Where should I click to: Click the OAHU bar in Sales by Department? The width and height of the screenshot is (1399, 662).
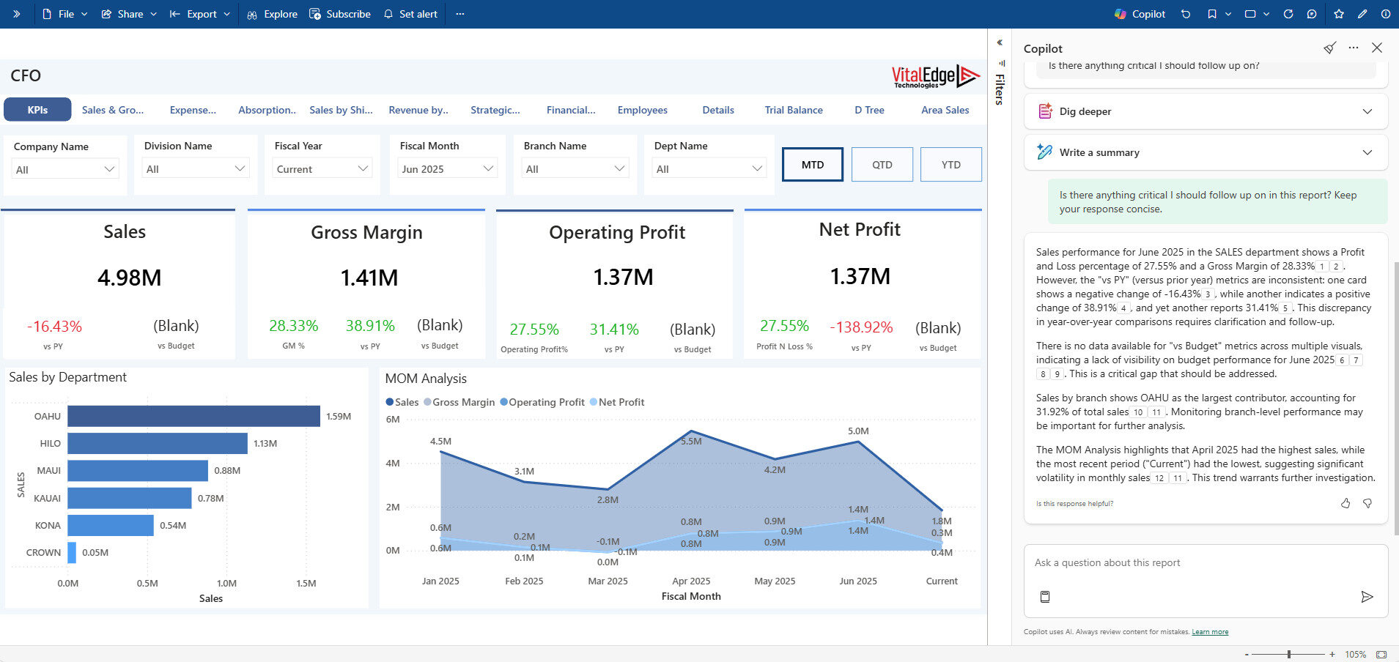[x=193, y=416]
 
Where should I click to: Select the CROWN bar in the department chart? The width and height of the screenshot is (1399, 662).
[x=72, y=552]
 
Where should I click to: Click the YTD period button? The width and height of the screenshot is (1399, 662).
[x=950, y=165]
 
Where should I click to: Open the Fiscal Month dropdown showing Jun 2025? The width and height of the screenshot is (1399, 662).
[x=447, y=169]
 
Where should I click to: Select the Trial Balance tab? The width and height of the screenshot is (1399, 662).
[x=793, y=110]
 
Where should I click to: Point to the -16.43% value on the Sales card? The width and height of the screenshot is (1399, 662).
[x=54, y=327]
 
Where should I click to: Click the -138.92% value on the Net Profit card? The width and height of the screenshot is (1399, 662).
[x=860, y=327]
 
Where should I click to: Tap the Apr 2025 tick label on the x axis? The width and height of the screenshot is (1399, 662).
[x=690, y=581]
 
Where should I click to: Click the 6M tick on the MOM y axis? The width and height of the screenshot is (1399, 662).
[x=393, y=420]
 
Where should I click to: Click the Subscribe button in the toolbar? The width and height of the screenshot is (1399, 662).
[x=340, y=14]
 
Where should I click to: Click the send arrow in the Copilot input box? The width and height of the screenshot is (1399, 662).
[x=1366, y=597]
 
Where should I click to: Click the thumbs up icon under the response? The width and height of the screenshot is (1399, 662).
[x=1345, y=503]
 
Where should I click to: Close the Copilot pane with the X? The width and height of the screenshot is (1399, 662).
[x=1376, y=48]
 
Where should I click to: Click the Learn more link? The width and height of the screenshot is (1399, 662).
[x=1209, y=632]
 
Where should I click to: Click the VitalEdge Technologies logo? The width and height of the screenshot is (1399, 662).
[x=934, y=76]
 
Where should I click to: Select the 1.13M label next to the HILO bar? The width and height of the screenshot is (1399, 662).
[x=265, y=444]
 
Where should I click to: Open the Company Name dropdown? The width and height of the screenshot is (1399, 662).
[x=64, y=169]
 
